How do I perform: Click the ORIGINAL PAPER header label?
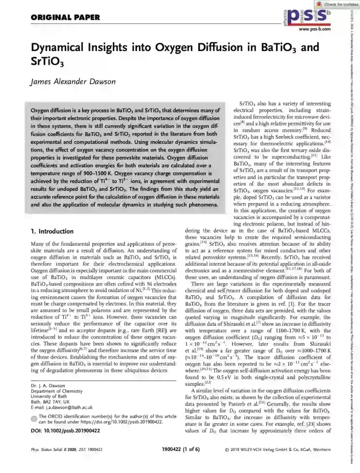pyautogui.click(x=65, y=18)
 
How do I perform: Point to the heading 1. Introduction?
pyautogui.click(x=52, y=232)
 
